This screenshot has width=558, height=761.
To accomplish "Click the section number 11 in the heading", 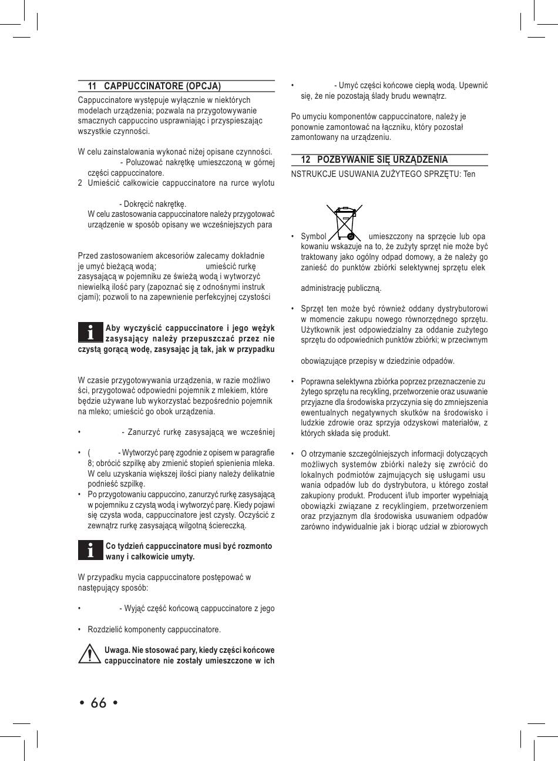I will click(x=92, y=86).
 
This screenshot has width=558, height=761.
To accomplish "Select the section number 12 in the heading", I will click(x=305, y=160).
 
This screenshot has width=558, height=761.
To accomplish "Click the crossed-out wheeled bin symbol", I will click(x=345, y=222).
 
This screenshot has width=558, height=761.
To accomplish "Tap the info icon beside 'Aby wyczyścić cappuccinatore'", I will click(x=90, y=333).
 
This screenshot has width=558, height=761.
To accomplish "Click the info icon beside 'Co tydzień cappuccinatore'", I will click(x=90, y=551).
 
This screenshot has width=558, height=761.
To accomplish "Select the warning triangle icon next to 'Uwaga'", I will click(x=89, y=654).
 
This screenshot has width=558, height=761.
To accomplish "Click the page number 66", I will click(x=99, y=703).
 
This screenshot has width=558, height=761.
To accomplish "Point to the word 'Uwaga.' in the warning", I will click(x=117, y=650).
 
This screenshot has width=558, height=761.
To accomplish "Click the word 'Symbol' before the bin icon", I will click(x=313, y=236).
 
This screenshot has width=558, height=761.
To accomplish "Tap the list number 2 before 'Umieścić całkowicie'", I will click(x=80, y=183).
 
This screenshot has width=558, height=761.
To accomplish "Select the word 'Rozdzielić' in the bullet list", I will click(x=105, y=630).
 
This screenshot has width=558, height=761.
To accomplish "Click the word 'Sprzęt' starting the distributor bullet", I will click(x=312, y=309).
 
